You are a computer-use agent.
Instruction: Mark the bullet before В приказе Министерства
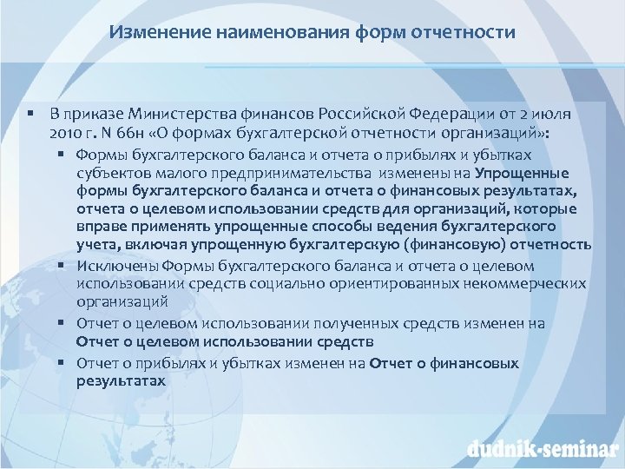click(x=30, y=114)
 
